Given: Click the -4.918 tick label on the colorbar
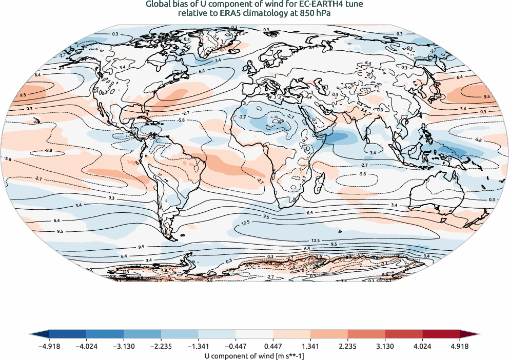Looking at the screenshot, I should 49,346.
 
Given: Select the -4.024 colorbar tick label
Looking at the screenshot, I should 87,346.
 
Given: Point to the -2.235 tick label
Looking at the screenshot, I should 161,346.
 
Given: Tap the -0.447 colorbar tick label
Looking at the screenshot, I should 236,346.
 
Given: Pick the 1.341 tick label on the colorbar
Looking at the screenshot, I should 310,346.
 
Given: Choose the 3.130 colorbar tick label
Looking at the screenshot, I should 385,346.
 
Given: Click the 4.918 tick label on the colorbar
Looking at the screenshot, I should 460,346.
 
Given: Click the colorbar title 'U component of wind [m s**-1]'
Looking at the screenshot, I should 254,355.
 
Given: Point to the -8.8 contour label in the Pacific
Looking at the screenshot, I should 49,151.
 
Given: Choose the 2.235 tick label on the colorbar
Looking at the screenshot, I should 348,346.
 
